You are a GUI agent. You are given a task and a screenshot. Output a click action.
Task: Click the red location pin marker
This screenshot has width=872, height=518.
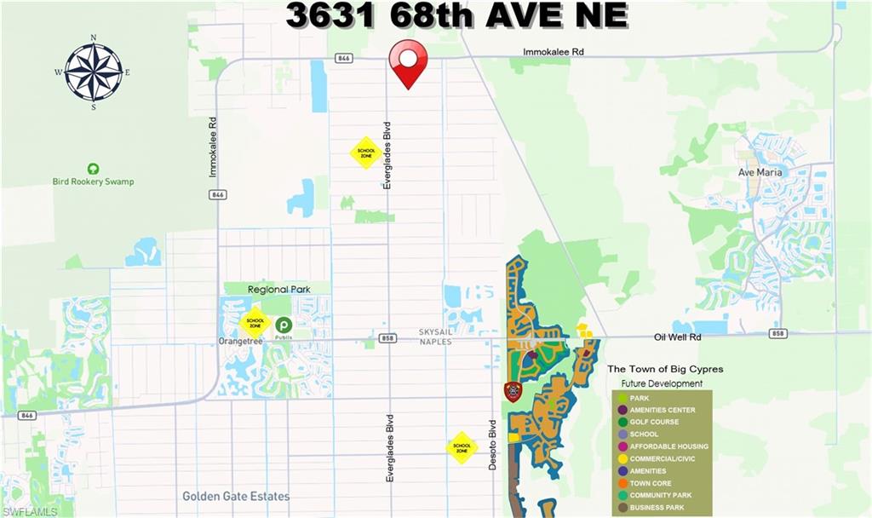click(x=408, y=61)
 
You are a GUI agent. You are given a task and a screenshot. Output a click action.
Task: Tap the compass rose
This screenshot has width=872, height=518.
click(x=94, y=72)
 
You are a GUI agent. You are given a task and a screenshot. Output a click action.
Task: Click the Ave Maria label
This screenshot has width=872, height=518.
click(x=759, y=172)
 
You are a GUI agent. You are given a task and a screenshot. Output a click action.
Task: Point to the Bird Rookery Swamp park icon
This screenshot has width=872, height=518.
click(x=93, y=169)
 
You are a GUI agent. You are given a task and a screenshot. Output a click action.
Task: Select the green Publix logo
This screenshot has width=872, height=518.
click(x=283, y=325)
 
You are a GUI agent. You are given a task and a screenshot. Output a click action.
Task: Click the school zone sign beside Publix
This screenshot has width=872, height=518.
click(x=255, y=323)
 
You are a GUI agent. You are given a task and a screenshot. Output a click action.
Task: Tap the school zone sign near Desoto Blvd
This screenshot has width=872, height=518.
click(x=462, y=447)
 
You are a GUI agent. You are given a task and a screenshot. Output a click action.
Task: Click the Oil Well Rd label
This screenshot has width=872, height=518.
click(x=678, y=337)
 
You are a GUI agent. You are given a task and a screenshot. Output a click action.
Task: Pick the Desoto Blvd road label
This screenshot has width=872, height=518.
click(x=492, y=445)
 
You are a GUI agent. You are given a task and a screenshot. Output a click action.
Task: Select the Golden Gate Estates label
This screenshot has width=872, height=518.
click(x=236, y=496)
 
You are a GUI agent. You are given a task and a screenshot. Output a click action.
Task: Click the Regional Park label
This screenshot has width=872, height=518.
click(x=279, y=290)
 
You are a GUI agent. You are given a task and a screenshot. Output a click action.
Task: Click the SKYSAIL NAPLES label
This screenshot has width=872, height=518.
click(x=434, y=337)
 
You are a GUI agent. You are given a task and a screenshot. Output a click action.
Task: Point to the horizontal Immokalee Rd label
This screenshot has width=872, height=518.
click(x=554, y=52)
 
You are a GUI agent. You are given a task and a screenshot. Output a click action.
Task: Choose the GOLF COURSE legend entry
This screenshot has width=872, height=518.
click(x=653, y=422)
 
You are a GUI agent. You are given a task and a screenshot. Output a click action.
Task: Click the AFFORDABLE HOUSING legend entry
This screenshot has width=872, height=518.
click(x=668, y=446)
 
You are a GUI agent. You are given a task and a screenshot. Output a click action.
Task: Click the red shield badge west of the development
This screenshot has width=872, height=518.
click(x=513, y=391)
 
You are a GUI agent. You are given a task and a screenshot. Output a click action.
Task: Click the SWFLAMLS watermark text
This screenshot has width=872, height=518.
click(x=30, y=511)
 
